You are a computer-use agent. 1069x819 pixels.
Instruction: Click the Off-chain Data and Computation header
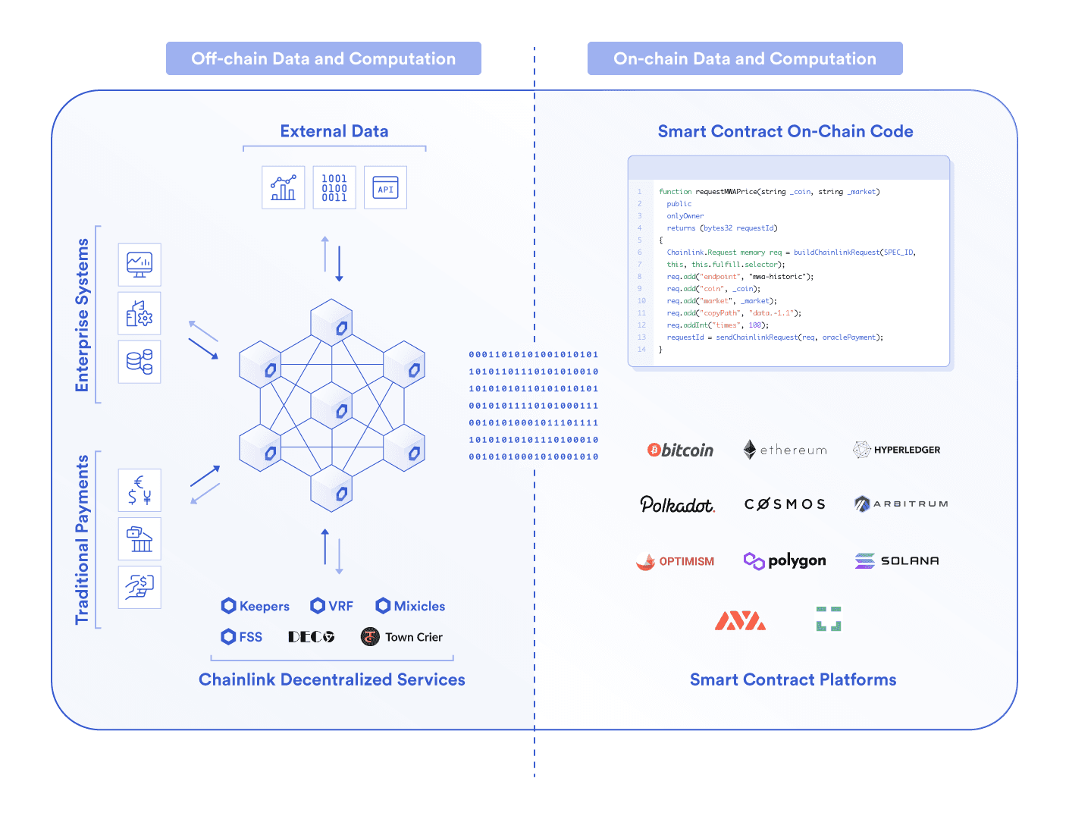[323, 58]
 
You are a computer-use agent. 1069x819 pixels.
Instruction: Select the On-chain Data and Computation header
[745, 58]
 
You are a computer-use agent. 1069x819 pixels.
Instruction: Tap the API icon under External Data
[385, 187]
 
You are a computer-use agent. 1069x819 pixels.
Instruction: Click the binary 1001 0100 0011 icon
[334, 187]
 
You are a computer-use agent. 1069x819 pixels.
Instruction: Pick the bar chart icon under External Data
[284, 187]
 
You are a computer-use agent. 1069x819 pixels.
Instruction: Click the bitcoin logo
[680, 450]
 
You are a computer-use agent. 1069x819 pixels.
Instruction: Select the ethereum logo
[785, 450]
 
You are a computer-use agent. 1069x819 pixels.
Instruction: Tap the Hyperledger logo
[897, 450]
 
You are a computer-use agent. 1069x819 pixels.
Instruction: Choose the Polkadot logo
[677, 504]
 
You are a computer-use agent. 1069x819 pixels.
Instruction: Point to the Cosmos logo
[785, 504]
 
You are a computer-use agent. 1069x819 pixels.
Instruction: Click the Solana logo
[897, 560]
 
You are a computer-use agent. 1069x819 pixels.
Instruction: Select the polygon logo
[785, 560]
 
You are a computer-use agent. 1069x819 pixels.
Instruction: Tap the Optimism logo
[676, 561]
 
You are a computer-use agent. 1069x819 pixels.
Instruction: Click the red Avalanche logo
[740, 620]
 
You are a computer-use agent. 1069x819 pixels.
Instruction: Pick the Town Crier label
[402, 637]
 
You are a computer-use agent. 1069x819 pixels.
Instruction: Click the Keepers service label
[255, 606]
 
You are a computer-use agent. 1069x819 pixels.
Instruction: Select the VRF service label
[332, 606]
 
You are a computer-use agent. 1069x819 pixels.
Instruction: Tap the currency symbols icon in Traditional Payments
[140, 490]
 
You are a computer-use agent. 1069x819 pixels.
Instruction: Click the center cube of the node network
[332, 406]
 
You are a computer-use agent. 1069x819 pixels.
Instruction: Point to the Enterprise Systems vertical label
[82, 315]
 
